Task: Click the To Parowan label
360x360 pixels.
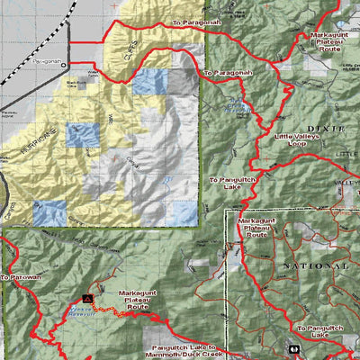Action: pos(21,278)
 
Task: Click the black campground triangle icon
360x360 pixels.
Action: pos(88,296)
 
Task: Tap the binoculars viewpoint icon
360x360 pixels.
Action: pos(293,348)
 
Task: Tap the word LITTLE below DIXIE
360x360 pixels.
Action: pos(346,154)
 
